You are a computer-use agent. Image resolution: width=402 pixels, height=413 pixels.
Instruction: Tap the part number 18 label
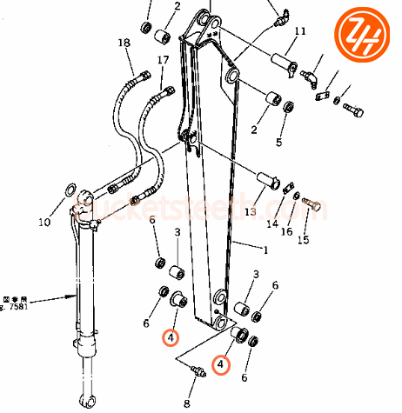tap(124, 43)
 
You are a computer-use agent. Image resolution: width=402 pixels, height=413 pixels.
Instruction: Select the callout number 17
tap(163, 60)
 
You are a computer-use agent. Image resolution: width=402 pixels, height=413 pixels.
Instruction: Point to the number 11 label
tap(300, 32)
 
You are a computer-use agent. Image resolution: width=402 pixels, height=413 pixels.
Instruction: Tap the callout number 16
tap(286, 232)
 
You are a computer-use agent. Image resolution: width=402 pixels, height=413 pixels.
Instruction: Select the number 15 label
tap(303, 239)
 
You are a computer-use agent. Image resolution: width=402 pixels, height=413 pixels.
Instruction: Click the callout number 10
tap(44, 222)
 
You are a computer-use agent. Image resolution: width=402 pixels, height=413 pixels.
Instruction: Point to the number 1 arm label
tap(265, 250)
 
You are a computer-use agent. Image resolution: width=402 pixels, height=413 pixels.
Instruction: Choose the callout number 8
tap(185, 403)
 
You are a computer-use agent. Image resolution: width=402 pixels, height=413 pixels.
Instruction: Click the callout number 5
tap(279, 142)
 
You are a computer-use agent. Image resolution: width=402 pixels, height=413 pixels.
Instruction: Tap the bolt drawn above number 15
tap(314, 206)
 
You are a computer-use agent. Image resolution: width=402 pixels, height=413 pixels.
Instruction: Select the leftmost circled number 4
tap(172, 336)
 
